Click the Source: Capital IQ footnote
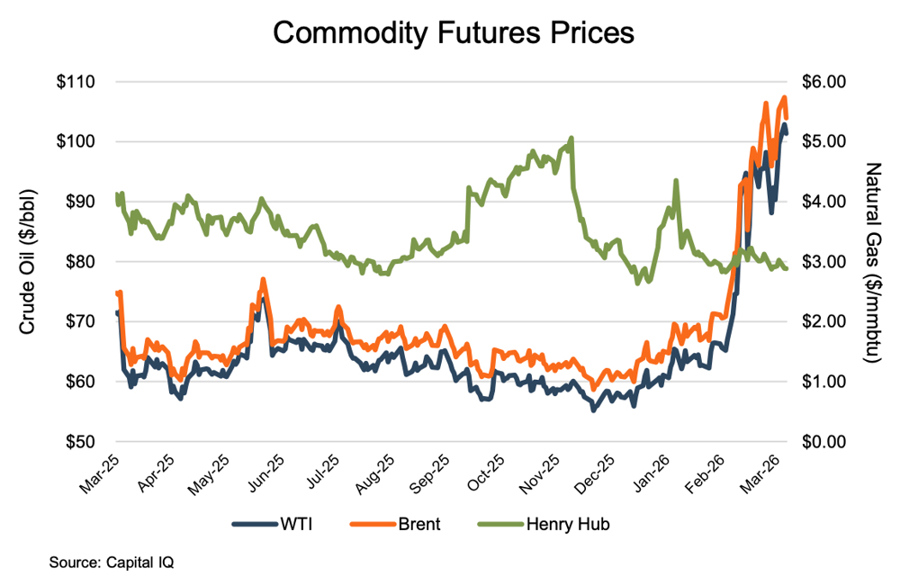(112, 562)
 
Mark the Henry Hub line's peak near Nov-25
(571, 139)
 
